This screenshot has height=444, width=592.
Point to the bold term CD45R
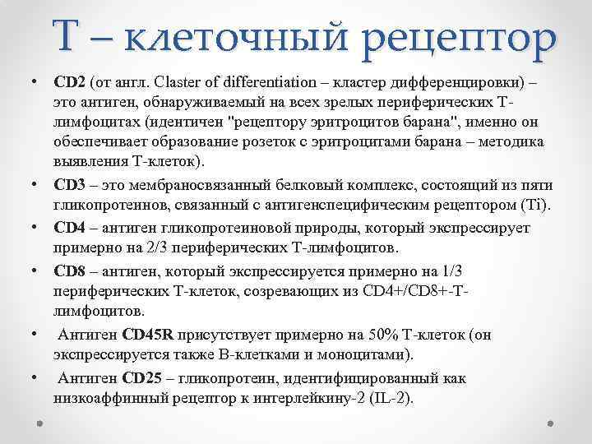[147, 335]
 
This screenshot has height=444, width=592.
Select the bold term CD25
[142, 378]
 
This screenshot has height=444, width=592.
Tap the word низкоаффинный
[105, 398]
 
